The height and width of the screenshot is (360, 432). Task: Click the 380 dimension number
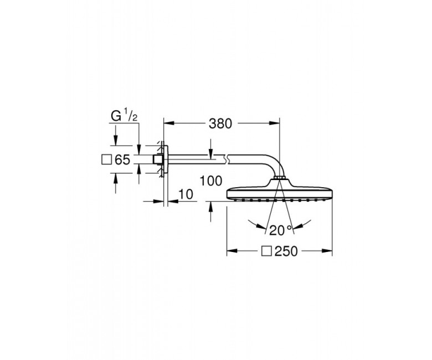(220, 124)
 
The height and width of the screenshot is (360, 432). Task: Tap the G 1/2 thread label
(124, 116)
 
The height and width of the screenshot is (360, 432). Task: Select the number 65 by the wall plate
(122, 160)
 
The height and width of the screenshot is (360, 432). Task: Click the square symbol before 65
(106, 160)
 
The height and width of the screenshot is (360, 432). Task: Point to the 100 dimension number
(211, 181)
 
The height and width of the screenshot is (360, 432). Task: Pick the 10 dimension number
(186, 194)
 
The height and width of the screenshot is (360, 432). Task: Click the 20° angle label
(280, 230)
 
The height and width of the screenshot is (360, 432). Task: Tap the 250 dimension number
(286, 251)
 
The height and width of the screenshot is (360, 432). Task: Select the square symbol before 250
(266, 251)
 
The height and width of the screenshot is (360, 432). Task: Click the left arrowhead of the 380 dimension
(168, 124)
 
